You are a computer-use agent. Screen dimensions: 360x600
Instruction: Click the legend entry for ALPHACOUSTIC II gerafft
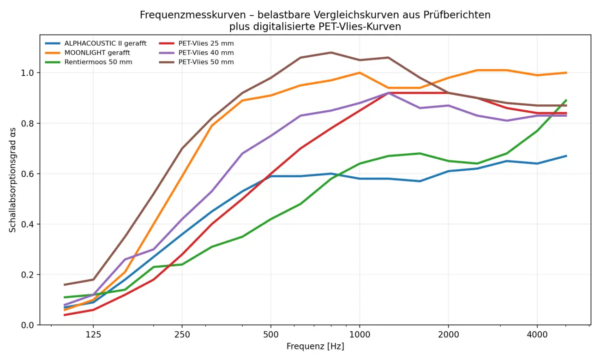[105, 43]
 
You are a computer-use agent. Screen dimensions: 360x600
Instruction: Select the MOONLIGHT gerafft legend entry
[97, 53]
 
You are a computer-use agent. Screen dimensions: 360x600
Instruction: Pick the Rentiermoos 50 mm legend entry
[98, 62]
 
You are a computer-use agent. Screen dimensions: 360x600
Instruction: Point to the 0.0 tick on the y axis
[29, 325]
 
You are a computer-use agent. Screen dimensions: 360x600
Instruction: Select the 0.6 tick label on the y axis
[29, 174]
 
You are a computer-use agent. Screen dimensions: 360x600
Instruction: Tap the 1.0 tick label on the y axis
[29, 73]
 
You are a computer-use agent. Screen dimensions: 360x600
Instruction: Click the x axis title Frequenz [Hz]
[315, 346]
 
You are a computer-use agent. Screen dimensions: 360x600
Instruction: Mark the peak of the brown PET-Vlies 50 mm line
[330, 53]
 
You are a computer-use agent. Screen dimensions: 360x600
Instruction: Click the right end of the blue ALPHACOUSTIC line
[566, 156]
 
